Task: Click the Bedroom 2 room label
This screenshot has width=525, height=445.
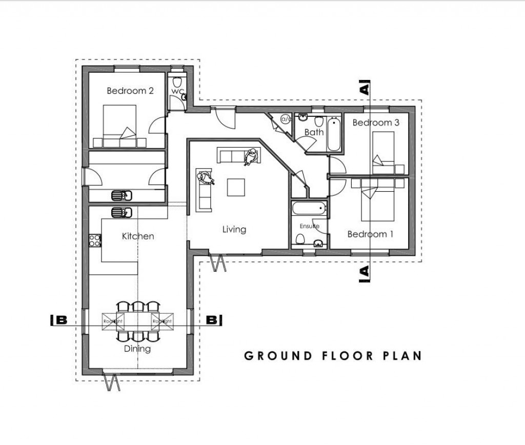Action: coord(130,91)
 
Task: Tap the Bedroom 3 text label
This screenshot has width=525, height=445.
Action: coord(375,123)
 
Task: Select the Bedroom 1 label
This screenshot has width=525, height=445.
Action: coord(370,234)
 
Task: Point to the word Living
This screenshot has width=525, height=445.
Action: coord(234,229)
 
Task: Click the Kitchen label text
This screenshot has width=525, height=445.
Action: coord(137,236)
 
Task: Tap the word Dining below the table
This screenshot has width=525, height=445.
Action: coord(137,349)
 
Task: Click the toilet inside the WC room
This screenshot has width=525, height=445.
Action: coord(177,82)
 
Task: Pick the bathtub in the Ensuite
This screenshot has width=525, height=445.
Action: coord(307,208)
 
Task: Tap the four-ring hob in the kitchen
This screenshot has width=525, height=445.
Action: coord(95,240)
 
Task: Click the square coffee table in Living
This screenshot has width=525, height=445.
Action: coord(236,187)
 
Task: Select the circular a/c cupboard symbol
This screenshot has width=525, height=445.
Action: coord(285,119)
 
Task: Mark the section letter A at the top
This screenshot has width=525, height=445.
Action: coord(365,89)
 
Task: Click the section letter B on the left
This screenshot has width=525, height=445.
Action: coord(60,320)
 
